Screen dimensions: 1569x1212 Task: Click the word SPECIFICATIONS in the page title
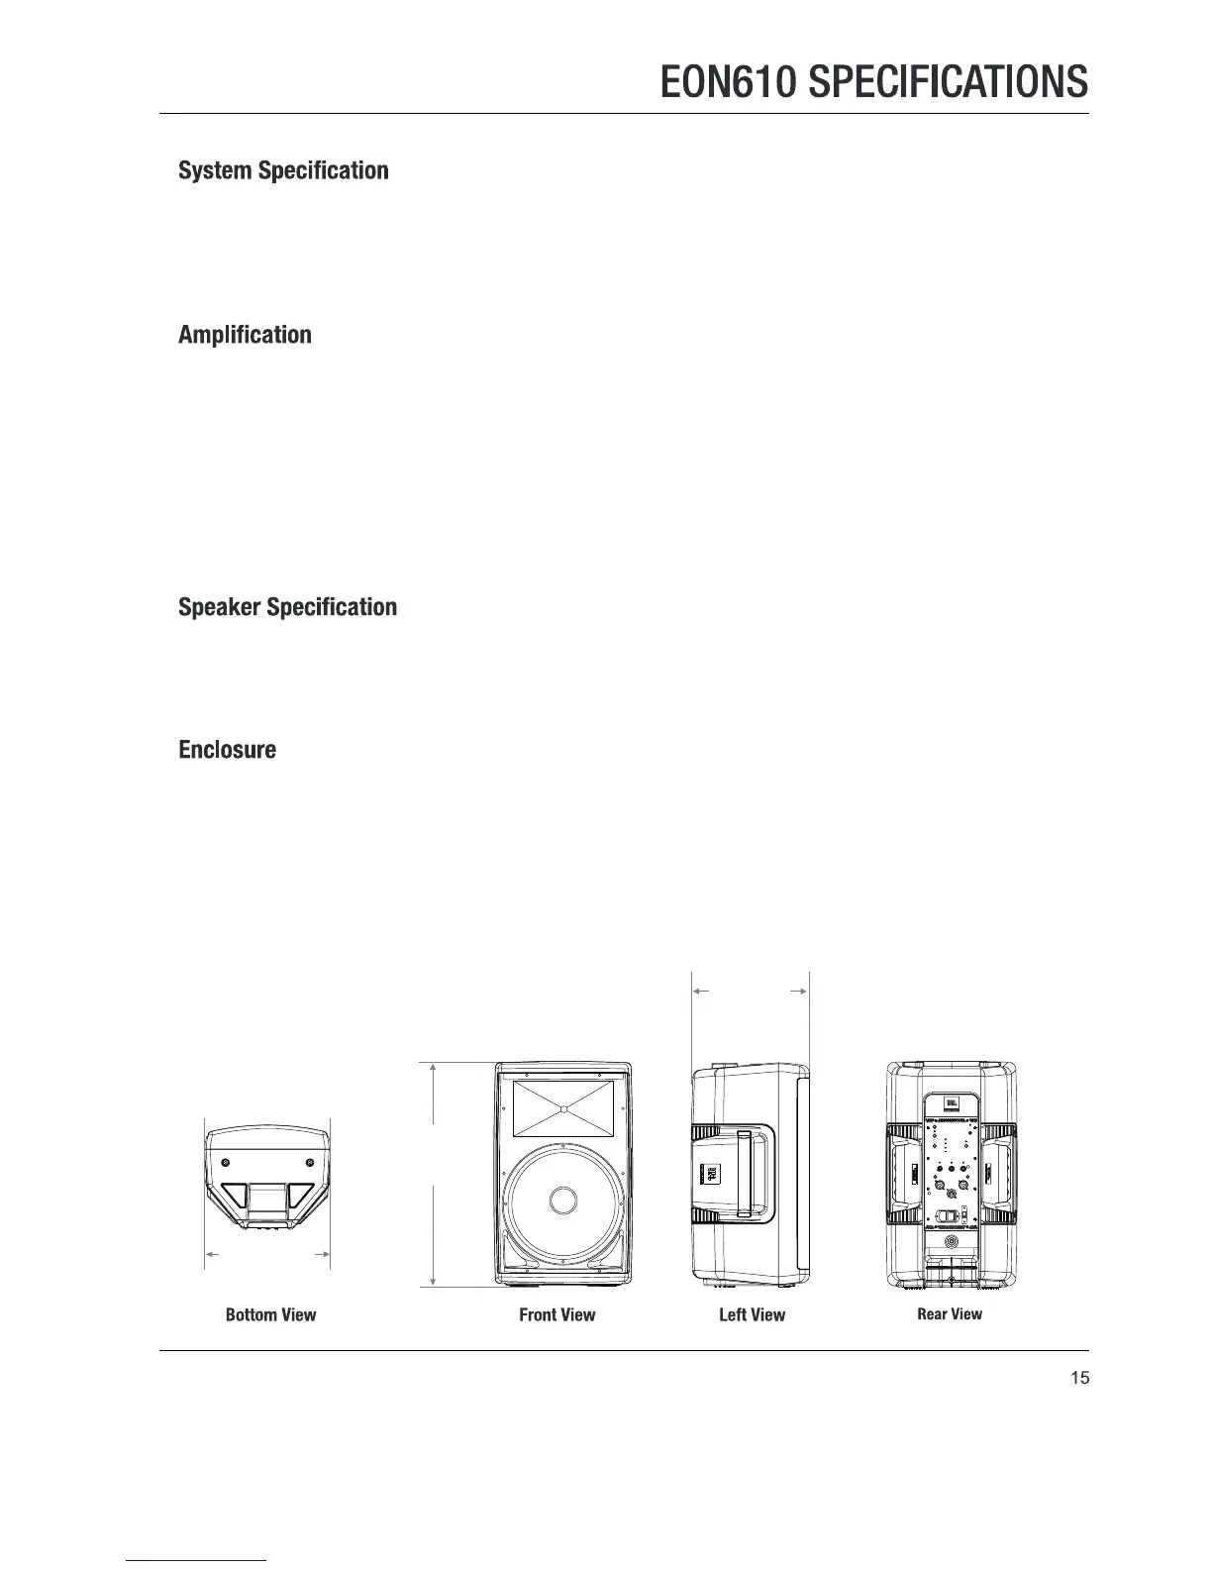pyautogui.click(x=949, y=82)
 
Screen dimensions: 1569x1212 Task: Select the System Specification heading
pyautogui.click(x=283, y=170)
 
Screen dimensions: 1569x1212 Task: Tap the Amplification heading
pyautogui.click(x=245, y=335)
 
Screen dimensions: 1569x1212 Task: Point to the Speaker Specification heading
pyautogui.click(x=287, y=607)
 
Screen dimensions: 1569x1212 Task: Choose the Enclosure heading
pyautogui.click(x=227, y=750)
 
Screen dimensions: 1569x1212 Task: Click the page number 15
pyautogui.click(x=1079, y=1378)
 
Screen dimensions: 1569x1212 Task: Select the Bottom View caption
pyautogui.click(x=270, y=1315)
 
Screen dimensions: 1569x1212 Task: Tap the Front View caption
pyautogui.click(x=557, y=1315)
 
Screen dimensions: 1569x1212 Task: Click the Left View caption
pyautogui.click(x=752, y=1315)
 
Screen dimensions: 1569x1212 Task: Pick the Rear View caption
pyautogui.click(x=950, y=1314)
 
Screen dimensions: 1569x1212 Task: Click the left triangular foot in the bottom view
pyautogui.click(x=235, y=1197)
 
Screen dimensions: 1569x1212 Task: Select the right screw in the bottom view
pyautogui.click(x=310, y=1162)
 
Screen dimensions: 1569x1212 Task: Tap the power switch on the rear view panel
pyautogui.click(x=948, y=1217)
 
